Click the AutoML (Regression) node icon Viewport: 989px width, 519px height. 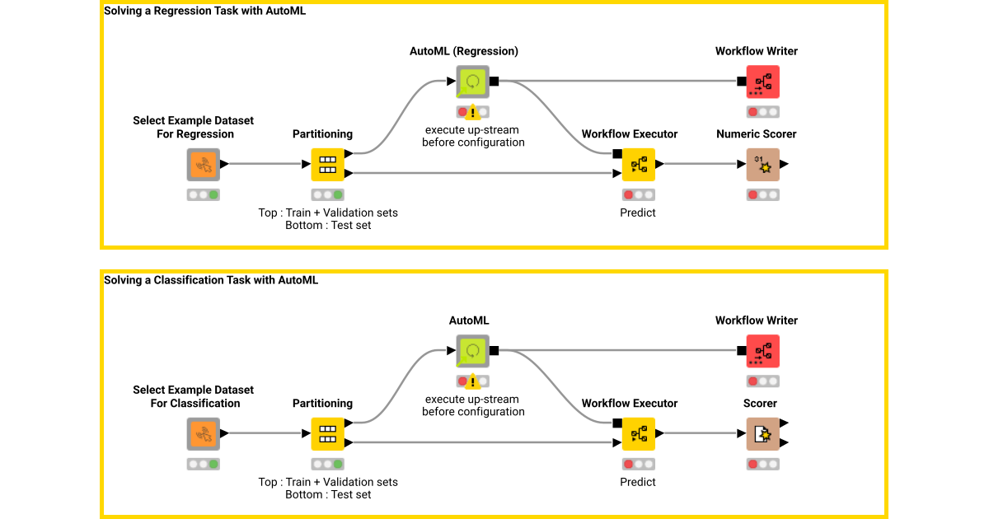click(x=473, y=82)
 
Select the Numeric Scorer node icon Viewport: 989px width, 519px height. click(x=762, y=165)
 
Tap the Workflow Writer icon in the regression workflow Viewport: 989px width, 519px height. click(x=762, y=82)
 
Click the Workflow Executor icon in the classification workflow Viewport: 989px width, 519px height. click(x=638, y=434)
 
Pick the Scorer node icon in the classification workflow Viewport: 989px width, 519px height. click(x=762, y=434)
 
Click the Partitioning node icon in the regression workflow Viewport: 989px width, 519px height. click(x=327, y=165)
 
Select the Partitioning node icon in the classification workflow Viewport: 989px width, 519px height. click(x=327, y=434)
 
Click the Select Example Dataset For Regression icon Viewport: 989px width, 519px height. click(x=203, y=165)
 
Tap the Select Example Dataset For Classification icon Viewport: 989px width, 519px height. click(x=203, y=434)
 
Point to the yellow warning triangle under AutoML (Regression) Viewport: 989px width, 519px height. click(x=473, y=112)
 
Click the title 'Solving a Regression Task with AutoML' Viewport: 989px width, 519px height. click(x=204, y=12)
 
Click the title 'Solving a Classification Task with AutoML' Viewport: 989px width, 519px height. click(x=211, y=280)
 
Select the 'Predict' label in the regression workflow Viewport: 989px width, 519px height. click(x=638, y=213)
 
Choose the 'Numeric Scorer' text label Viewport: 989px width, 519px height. click(x=756, y=134)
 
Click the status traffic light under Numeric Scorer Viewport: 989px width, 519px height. click(x=762, y=195)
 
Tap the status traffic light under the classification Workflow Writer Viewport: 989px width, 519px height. click(x=762, y=381)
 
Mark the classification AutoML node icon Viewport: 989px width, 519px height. click(x=473, y=351)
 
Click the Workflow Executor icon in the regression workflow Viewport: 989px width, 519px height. click(x=638, y=165)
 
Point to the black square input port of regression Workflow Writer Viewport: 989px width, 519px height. click(x=742, y=82)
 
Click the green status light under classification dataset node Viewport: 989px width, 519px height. click(x=213, y=465)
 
